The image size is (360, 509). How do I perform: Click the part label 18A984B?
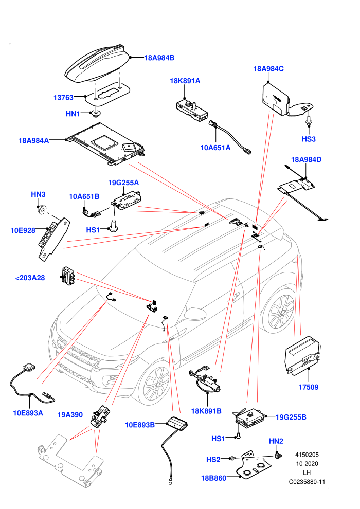click(x=159, y=58)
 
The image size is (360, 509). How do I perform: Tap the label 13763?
click(x=63, y=97)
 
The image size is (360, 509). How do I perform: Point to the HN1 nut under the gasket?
click(x=96, y=113)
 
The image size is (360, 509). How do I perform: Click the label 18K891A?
click(x=185, y=81)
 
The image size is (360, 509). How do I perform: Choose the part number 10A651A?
click(x=215, y=148)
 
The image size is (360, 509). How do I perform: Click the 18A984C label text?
click(x=268, y=69)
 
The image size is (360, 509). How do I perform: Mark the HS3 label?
click(x=309, y=139)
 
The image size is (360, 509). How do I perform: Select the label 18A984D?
click(x=306, y=159)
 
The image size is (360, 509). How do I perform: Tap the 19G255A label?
click(x=123, y=183)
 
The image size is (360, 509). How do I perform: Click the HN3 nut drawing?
click(x=42, y=209)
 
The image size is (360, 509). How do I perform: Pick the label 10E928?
click(x=23, y=230)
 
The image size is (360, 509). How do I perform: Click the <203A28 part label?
click(x=30, y=278)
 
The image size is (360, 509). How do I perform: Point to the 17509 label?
click(x=309, y=387)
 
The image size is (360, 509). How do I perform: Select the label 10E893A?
click(x=28, y=413)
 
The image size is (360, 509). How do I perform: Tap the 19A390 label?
click(x=70, y=415)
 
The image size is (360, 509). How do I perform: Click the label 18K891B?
click(x=206, y=411)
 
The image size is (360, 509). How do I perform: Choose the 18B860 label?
click(x=213, y=478)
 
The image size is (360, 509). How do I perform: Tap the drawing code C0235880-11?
click(x=307, y=482)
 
